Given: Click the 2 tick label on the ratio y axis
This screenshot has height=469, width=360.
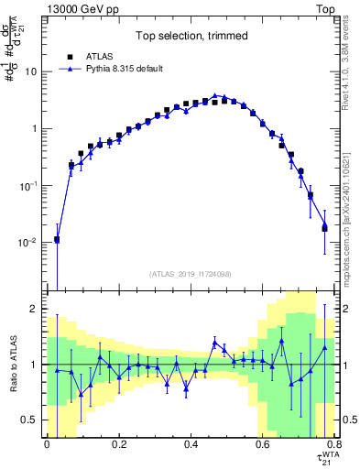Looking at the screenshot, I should (36, 310).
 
